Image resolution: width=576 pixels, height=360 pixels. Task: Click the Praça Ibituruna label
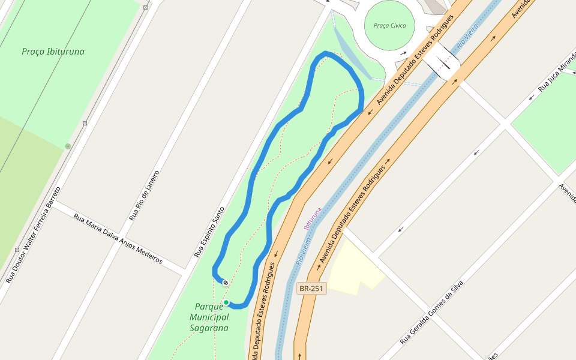53,52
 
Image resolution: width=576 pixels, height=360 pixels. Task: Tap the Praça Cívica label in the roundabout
389,26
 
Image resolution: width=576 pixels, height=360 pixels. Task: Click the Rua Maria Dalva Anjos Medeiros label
118,239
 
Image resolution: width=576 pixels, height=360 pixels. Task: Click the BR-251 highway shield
311,289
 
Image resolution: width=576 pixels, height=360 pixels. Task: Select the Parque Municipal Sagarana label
209,317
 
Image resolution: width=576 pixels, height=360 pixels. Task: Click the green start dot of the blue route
226,302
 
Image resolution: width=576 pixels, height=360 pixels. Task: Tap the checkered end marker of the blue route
226,283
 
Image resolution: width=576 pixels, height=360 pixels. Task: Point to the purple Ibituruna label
314,219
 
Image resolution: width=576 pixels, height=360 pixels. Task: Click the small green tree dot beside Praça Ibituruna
68,146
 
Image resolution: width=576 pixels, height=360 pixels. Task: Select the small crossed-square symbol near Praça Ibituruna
85,124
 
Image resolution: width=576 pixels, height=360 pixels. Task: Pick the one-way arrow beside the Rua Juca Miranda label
532,97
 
